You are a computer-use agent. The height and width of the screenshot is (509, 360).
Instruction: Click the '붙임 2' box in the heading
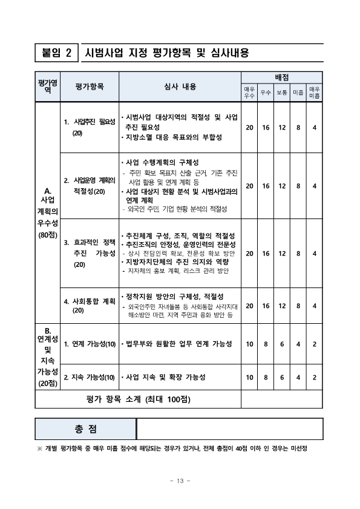point(56,53)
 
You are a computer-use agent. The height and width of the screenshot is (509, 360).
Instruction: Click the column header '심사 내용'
point(180,87)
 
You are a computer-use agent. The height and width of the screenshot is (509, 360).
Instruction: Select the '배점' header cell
point(281,77)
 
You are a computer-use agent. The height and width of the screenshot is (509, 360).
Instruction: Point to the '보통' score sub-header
point(281,93)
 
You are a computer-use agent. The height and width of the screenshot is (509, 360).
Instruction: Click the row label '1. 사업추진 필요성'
point(90,122)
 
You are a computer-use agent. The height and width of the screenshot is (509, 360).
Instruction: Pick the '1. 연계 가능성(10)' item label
point(90,344)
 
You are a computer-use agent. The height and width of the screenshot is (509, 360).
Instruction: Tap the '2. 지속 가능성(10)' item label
point(90,377)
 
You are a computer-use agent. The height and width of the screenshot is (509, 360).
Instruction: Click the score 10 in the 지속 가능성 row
point(249,377)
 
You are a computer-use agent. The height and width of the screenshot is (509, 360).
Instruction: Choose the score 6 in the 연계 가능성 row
point(281,344)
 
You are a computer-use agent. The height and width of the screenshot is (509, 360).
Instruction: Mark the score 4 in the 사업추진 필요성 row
point(314,127)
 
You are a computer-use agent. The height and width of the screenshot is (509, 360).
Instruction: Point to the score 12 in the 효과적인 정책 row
point(281,254)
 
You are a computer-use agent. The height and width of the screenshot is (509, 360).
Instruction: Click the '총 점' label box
point(86,429)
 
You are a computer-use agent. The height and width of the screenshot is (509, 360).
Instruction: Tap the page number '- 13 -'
point(180,481)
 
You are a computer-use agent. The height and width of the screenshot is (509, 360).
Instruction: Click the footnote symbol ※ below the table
point(40,448)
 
